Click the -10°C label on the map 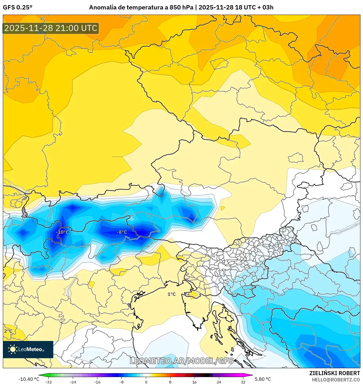(62, 232)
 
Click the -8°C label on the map (122, 232)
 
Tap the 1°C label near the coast (171, 294)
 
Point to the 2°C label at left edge (8, 331)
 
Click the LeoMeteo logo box (28, 349)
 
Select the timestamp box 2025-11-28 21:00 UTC (51, 28)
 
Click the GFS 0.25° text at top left (17, 7)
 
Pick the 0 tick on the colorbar (146, 382)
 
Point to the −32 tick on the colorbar (48, 382)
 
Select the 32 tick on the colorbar (243, 382)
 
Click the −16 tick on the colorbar (97, 382)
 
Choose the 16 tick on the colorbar (195, 382)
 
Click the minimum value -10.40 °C (29, 379)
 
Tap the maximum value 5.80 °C (263, 379)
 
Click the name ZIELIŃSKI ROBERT (334, 373)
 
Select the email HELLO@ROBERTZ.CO (336, 380)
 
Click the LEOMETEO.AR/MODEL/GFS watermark (182, 361)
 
